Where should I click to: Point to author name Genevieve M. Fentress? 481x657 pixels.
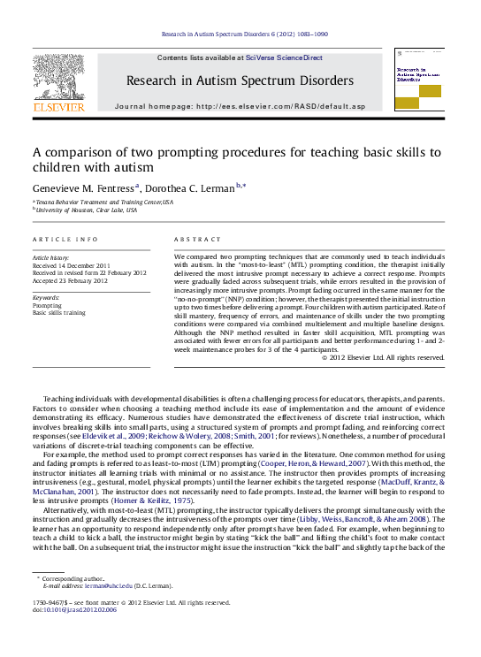pos(85,187)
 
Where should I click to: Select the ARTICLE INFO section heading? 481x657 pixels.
pos(65,240)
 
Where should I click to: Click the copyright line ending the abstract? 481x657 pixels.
pos(370,357)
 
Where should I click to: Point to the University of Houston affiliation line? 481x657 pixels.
pos(87,210)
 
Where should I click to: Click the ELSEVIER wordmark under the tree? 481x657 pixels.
pos(58,107)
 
